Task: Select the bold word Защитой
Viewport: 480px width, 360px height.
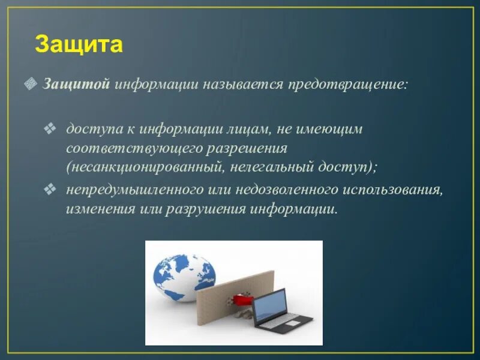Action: click(x=76, y=84)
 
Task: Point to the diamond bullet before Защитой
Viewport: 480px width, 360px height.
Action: click(x=31, y=83)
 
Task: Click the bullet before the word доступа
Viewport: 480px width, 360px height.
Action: click(x=50, y=128)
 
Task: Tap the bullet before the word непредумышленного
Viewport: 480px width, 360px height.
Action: click(x=50, y=189)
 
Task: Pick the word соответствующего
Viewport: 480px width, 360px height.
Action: click(x=134, y=149)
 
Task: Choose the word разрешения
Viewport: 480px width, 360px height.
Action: click(x=247, y=149)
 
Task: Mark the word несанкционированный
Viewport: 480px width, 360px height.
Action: click(x=144, y=168)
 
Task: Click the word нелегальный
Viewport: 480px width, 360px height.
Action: click(x=271, y=168)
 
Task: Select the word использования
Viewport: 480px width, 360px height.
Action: click(x=393, y=190)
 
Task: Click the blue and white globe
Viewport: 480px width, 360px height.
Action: click(x=183, y=278)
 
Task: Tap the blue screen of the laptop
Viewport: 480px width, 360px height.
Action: click(x=269, y=305)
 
